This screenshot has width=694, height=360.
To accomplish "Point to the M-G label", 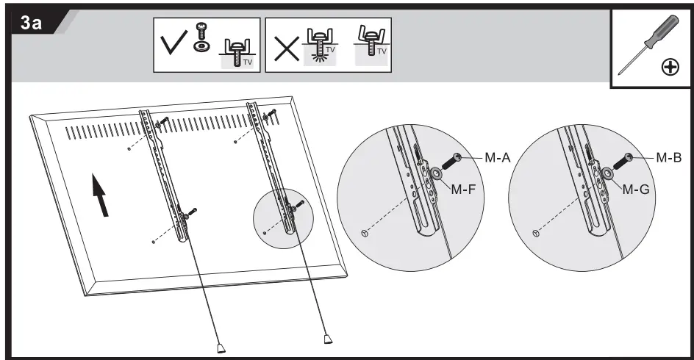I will (636, 189).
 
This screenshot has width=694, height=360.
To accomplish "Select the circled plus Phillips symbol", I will (670, 68).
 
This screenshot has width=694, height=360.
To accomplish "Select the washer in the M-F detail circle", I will (437, 174).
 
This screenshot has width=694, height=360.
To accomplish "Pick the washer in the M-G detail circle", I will (609, 175).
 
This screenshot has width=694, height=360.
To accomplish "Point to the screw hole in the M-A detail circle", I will (365, 233).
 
